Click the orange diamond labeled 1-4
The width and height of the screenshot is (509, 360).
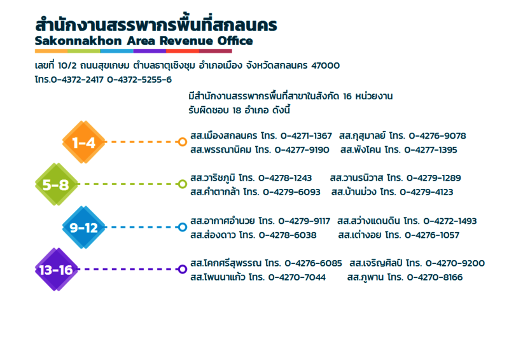click(x=84, y=142)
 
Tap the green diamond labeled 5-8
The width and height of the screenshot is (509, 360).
click(x=57, y=184)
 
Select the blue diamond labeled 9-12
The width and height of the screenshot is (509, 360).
click(x=84, y=227)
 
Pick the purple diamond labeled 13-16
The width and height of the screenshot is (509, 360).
click(x=57, y=270)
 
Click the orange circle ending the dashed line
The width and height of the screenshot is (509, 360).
click(x=183, y=142)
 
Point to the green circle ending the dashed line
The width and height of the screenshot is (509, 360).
click(x=183, y=184)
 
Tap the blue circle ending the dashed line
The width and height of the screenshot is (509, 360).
click(x=183, y=227)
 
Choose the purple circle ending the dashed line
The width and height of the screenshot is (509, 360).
click(x=183, y=269)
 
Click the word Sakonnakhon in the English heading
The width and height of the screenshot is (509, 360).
click(x=78, y=41)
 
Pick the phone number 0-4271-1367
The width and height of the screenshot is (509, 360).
click(x=306, y=135)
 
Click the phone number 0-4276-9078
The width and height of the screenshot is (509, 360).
click(x=437, y=135)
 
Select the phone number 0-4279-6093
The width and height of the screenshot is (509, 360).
click(x=291, y=192)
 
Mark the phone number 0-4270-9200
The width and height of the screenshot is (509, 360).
click(x=455, y=263)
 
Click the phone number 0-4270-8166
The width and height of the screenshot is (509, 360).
click(x=435, y=277)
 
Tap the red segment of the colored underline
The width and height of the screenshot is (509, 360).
click(x=183, y=51)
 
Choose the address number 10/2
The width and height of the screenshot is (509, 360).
click(x=67, y=66)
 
